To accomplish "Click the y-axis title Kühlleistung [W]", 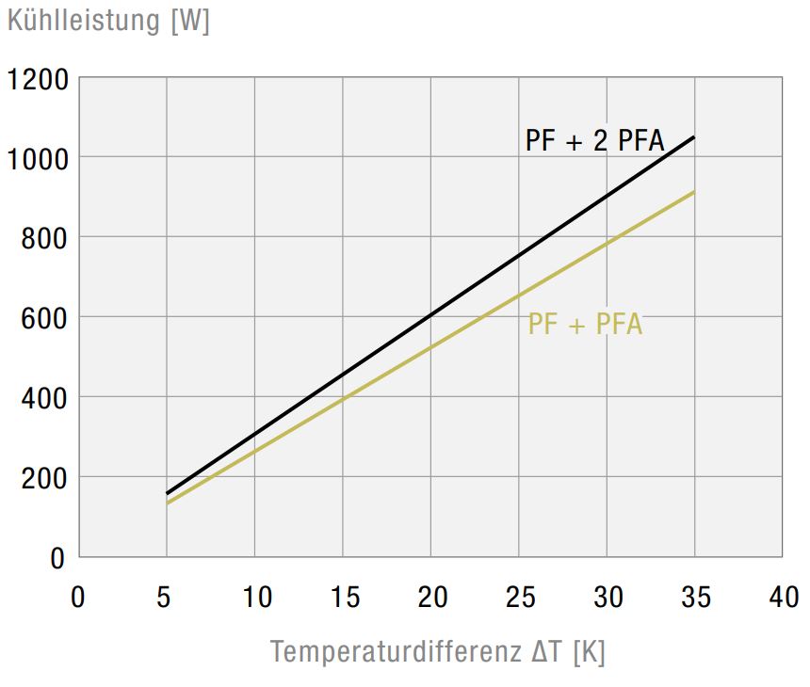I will (108, 21).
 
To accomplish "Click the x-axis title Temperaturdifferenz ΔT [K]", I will (438, 651).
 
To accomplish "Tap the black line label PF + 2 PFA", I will (595, 141).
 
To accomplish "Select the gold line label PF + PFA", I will (585, 325).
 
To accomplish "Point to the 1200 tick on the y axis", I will (38, 79).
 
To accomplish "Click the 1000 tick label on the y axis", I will (38, 158).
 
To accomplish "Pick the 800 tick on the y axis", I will (44, 238).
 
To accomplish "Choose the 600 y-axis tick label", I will (44, 318).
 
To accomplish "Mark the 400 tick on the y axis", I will (44, 398).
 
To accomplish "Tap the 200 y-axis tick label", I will (44, 478).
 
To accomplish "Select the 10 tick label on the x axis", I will (255, 597).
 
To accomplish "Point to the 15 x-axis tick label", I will (344, 597).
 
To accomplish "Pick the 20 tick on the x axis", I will (431, 597).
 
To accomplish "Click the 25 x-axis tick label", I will (519, 597).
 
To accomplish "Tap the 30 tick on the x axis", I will (607, 597).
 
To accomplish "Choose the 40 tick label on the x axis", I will (783, 597).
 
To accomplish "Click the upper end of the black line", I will (694, 137).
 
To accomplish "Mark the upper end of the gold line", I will (694, 192).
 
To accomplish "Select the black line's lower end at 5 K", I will (168, 493).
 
